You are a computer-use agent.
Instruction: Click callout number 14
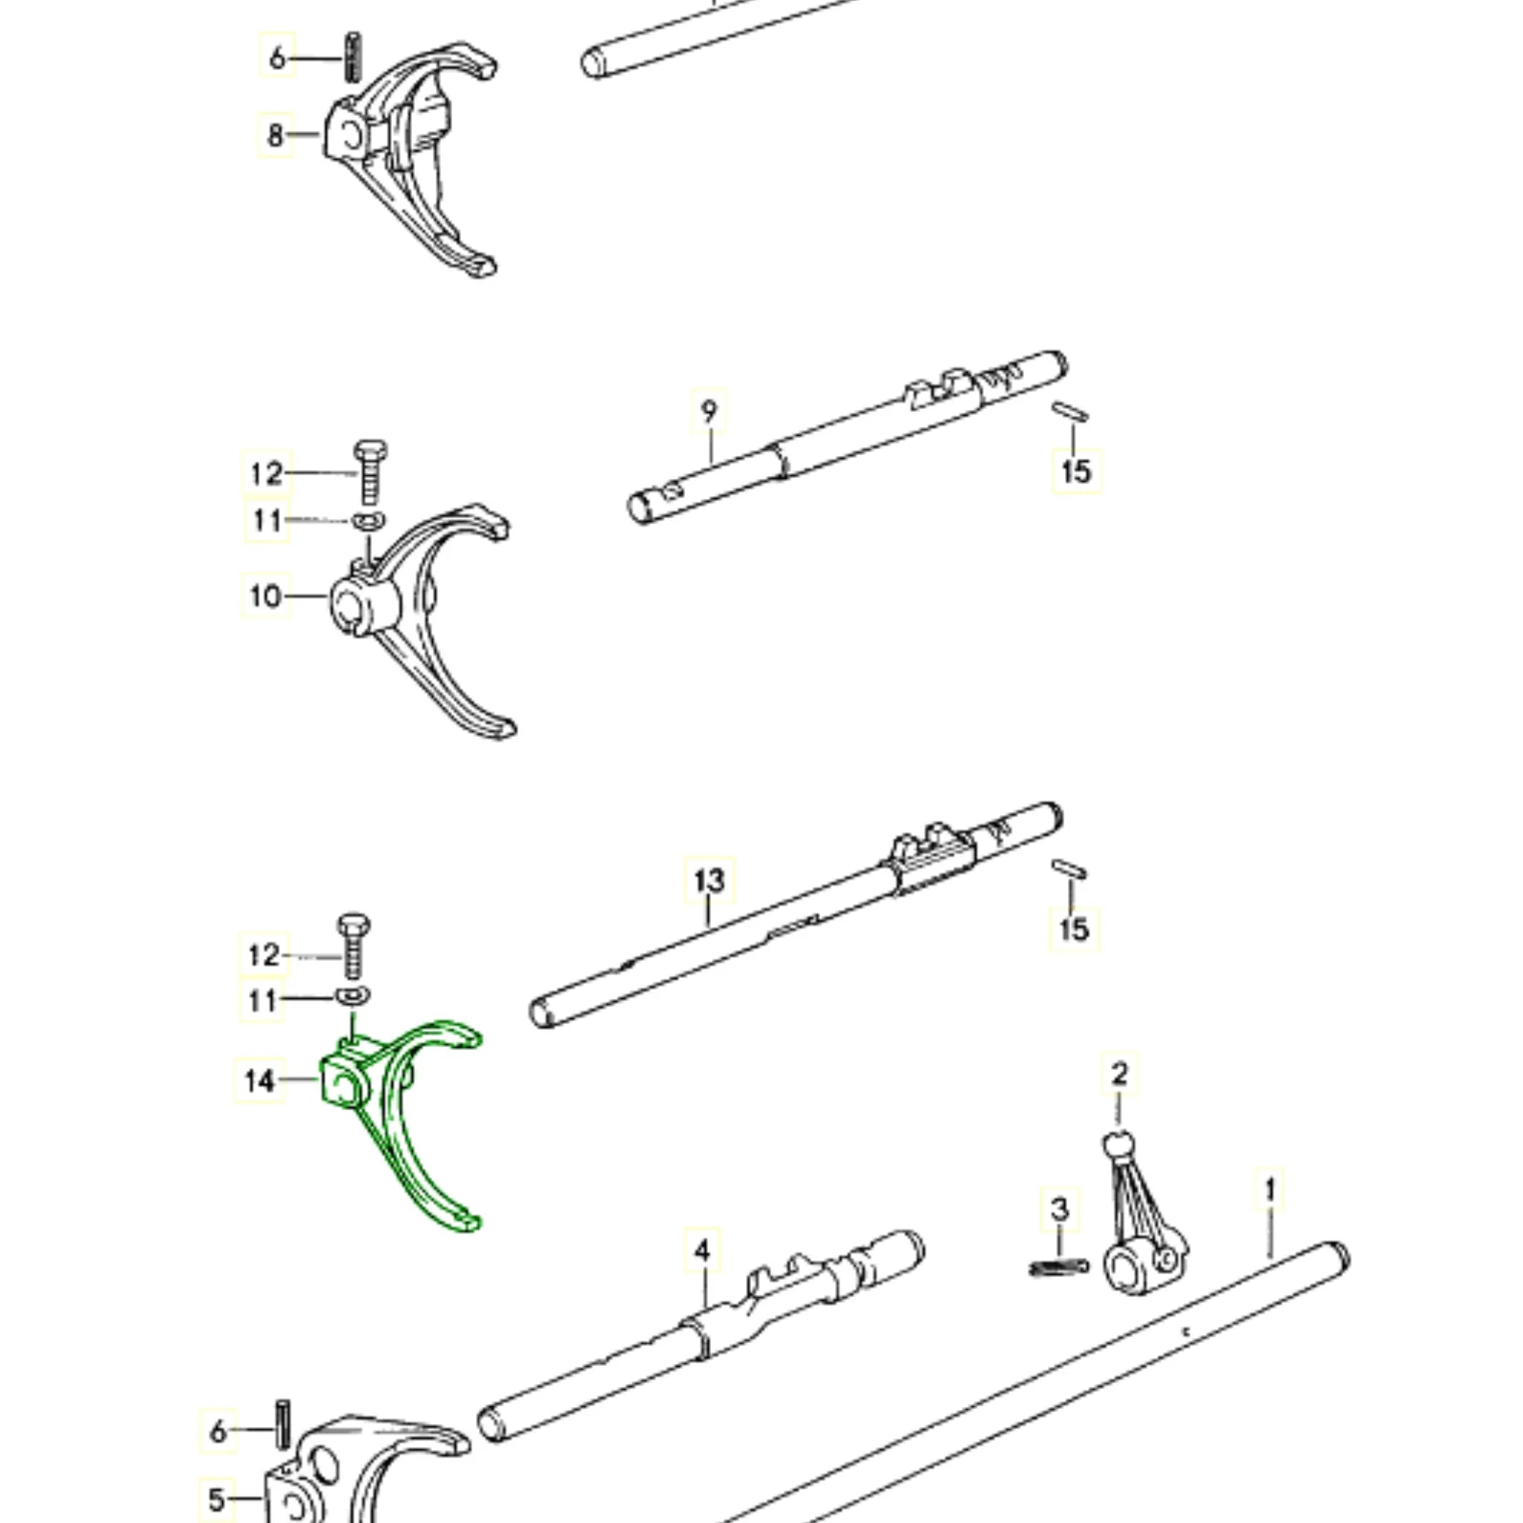tap(260, 1081)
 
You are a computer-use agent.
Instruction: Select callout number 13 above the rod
tap(709, 880)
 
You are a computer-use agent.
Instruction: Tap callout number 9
tap(709, 411)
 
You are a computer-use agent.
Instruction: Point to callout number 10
tap(265, 596)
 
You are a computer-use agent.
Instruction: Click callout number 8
tap(275, 135)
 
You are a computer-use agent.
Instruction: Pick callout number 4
tap(702, 1251)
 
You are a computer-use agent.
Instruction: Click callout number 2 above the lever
tap(1119, 1074)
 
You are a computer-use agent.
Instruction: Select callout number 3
tap(1060, 1209)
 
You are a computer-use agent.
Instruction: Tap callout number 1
tap(1270, 1191)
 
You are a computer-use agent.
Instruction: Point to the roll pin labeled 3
tap(1060, 1266)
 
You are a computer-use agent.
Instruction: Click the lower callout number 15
tap(1074, 929)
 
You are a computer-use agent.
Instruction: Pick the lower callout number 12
tap(264, 956)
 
